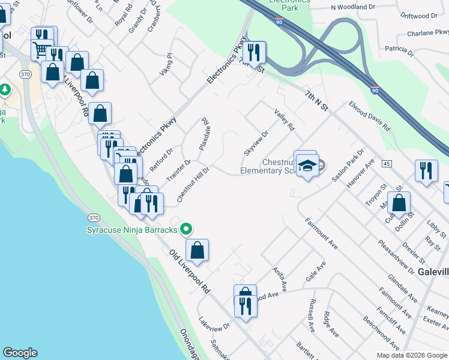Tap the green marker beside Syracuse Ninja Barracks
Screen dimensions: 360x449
click(186, 229)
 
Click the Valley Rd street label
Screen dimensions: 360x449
click(285, 120)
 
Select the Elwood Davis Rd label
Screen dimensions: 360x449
click(369, 116)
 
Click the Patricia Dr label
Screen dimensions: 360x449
click(400, 49)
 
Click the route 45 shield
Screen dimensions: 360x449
click(386, 163)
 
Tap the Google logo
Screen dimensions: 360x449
click(20, 353)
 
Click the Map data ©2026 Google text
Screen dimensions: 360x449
click(412, 355)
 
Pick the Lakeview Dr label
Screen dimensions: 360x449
click(214, 323)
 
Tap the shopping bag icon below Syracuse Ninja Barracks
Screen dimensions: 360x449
click(197, 250)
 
